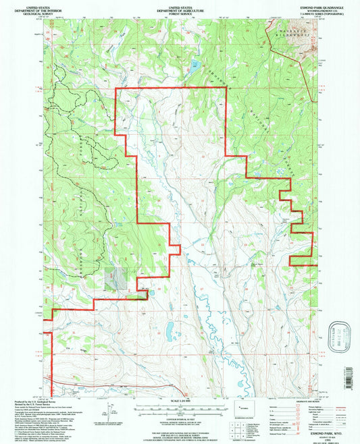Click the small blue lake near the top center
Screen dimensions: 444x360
point(194,66)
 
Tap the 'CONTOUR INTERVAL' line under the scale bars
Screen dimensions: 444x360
point(180,419)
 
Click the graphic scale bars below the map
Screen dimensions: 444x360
point(180,409)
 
